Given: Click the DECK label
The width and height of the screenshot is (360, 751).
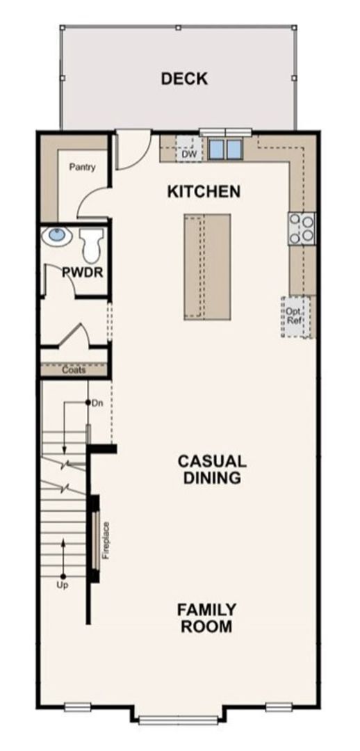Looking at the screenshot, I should click(x=184, y=79).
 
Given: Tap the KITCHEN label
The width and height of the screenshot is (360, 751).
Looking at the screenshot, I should click(x=204, y=191).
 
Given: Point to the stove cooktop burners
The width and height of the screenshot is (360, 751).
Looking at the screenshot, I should click(x=302, y=228).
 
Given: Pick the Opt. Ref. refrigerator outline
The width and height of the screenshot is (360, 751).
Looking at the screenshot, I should click(x=295, y=317).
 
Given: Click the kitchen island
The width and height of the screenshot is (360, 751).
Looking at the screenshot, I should click(x=207, y=267).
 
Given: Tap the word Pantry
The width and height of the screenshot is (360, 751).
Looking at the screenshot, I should click(x=82, y=167).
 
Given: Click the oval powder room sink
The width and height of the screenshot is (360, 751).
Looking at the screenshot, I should click(x=57, y=236).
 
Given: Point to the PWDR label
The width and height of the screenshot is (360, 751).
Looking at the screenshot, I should click(x=83, y=273).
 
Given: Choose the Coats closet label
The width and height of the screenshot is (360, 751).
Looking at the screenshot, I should click(x=74, y=370).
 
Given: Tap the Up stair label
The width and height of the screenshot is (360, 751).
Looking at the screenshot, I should click(x=63, y=586).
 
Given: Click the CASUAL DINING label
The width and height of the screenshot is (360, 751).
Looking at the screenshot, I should click(x=211, y=469).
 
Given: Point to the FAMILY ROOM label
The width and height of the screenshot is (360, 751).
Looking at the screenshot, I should click(x=206, y=617).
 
